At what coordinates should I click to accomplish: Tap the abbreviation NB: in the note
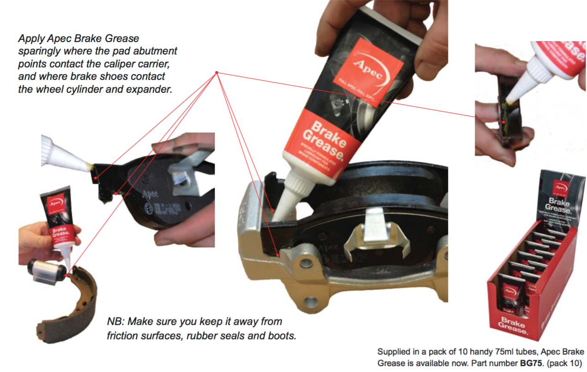point(116,321)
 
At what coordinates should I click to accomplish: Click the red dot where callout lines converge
point(217,72)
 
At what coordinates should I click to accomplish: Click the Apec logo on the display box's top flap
point(560,187)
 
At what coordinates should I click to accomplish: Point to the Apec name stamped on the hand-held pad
point(152,194)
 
